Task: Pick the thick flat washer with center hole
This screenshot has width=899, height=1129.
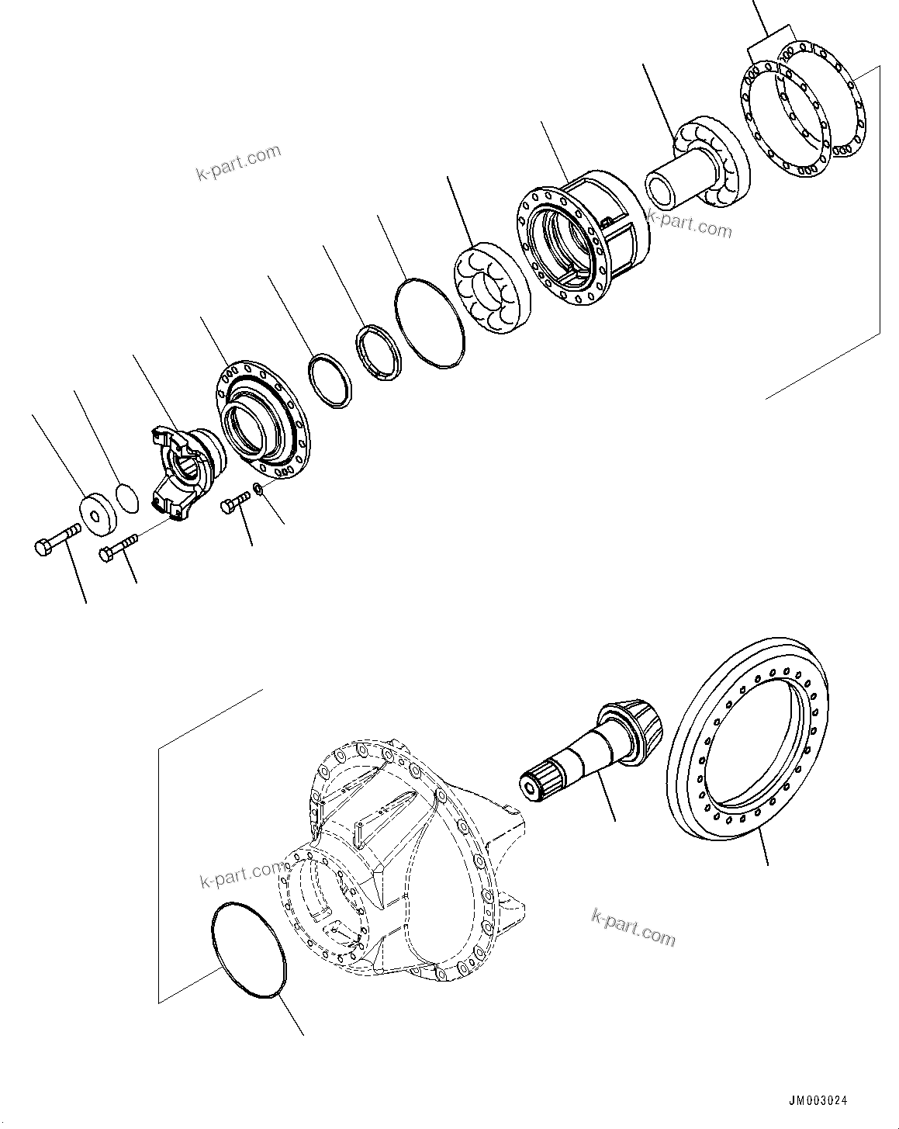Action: [99, 514]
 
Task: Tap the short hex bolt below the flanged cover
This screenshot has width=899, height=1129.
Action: [233, 504]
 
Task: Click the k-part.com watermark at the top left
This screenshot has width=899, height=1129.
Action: [237, 161]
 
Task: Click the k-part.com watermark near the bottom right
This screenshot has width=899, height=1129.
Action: [633, 927]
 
